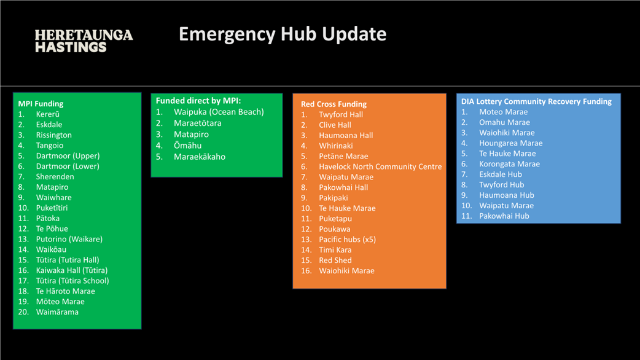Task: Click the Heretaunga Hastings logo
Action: (84, 41)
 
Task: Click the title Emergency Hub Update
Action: (283, 34)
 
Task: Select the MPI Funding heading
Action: (41, 104)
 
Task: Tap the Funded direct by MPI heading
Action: (198, 101)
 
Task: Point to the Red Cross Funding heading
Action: (334, 104)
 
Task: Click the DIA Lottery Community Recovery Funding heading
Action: (536, 101)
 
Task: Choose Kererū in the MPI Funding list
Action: (48, 114)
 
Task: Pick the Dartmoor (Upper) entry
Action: (68, 156)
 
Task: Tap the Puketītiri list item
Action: (52, 208)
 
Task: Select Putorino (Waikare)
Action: (69, 239)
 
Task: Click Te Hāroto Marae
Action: (65, 291)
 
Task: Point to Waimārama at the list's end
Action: (57, 312)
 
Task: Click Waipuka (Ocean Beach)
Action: (219, 112)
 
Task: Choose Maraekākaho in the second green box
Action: (200, 157)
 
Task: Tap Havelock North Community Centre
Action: (380, 166)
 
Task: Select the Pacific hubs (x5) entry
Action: (348, 240)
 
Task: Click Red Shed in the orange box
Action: (335, 260)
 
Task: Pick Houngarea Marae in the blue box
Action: (511, 143)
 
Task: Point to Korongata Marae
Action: (509, 164)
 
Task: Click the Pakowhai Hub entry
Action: (504, 216)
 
